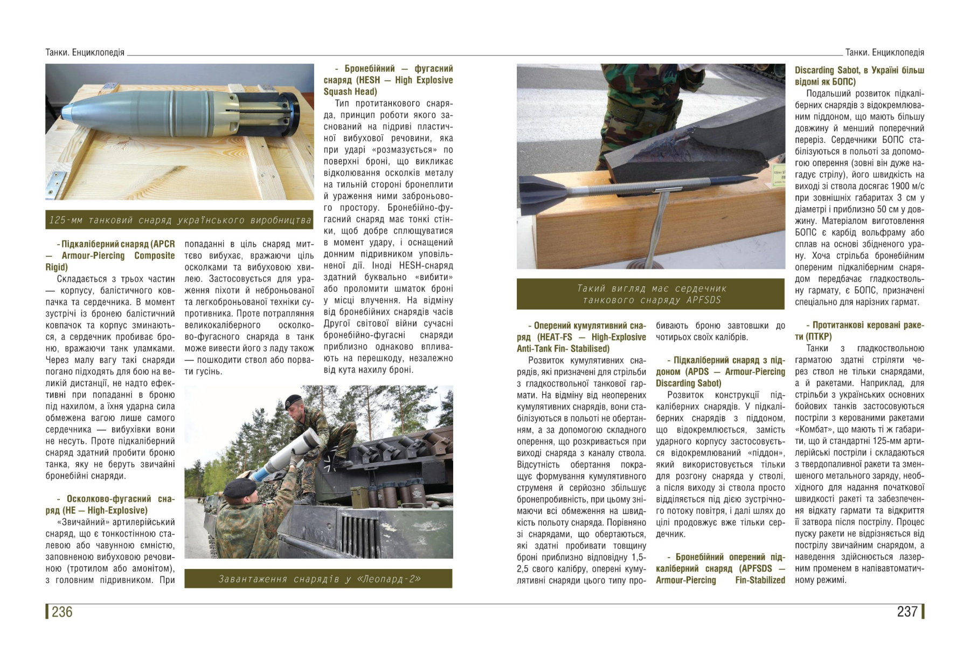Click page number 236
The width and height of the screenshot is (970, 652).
tap(62, 612)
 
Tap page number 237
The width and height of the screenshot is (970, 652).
tap(907, 612)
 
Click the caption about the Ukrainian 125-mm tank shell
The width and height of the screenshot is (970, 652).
tap(179, 220)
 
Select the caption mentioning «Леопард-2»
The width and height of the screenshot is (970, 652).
tap(318, 579)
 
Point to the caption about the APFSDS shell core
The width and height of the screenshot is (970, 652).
tap(650, 294)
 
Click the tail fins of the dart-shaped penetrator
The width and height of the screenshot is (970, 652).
tap(539, 190)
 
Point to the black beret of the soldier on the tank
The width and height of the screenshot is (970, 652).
tap(293, 401)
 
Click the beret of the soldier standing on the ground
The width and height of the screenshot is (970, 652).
tap(239, 488)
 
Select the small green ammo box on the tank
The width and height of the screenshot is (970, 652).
tap(357, 497)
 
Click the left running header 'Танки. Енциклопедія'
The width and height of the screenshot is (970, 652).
tap(85, 52)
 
